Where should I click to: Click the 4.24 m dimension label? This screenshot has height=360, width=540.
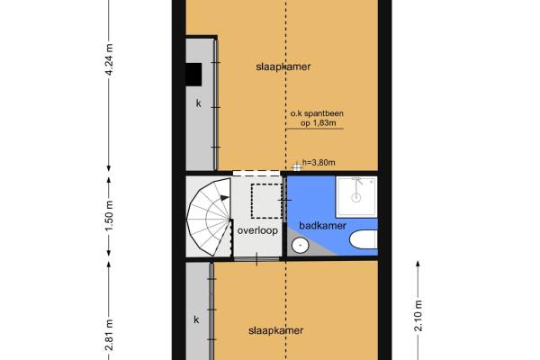pyautogui.click(x=109, y=59)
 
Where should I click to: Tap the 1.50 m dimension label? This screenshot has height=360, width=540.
pyautogui.click(x=109, y=216)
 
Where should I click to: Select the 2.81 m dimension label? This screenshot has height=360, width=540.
pyautogui.click(x=109, y=335)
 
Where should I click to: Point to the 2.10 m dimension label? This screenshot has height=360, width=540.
pyautogui.click(x=418, y=316)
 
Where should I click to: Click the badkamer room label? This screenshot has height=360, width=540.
pyautogui.click(x=322, y=226)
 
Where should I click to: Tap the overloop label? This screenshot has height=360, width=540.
pyautogui.click(x=257, y=230)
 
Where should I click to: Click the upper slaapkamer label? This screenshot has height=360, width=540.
pyautogui.click(x=283, y=67)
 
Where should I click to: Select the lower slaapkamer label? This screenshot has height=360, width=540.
pyautogui.click(x=276, y=330)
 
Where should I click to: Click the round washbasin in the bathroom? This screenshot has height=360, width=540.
pyautogui.click(x=301, y=246)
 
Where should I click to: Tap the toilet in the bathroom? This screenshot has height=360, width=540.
pyautogui.click(x=364, y=239)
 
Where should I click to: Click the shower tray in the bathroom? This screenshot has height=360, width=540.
pyautogui.click(x=356, y=197)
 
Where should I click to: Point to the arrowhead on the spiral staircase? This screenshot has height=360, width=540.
pyautogui.click(x=225, y=198)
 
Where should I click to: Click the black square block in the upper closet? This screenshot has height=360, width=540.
pyautogui.click(x=193, y=75)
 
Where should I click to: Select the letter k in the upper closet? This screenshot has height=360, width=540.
pyautogui.click(x=198, y=103)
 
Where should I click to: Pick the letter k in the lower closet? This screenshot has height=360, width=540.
pyautogui.click(x=196, y=319)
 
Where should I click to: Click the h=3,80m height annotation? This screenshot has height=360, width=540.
pyautogui.click(x=319, y=162)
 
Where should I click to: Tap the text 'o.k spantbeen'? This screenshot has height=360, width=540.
pyautogui.click(x=317, y=113)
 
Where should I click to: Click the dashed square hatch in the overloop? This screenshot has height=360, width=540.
pyautogui.click(x=267, y=202)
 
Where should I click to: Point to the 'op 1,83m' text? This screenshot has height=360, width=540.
pyautogui.click(x=319, y=123)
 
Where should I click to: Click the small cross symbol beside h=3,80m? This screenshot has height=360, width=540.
pyautogui.click(x=296, y=167)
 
